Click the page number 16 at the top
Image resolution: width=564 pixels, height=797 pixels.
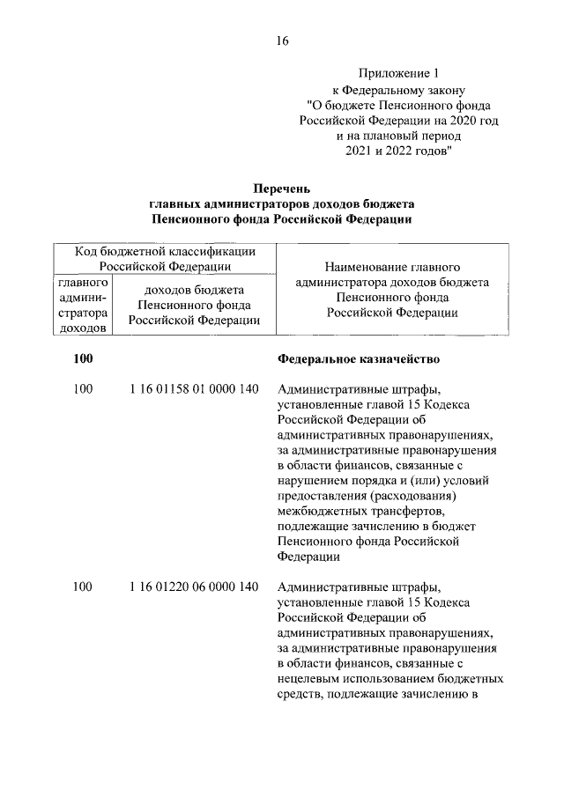[281, 41]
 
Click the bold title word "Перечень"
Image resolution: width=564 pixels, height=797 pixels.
[281, 188]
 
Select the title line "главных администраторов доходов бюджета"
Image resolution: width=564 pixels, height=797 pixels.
[281, 203]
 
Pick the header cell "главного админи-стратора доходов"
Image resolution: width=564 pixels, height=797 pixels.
[83, 306]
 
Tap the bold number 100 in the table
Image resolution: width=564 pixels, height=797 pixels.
[83, 359]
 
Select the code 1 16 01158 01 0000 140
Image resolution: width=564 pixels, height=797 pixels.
[193, 389]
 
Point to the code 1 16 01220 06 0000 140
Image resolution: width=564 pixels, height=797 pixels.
[193, 587]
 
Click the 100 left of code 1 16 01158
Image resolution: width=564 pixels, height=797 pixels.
[83, 389]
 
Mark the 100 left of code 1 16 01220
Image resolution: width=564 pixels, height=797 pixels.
[83, 587]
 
